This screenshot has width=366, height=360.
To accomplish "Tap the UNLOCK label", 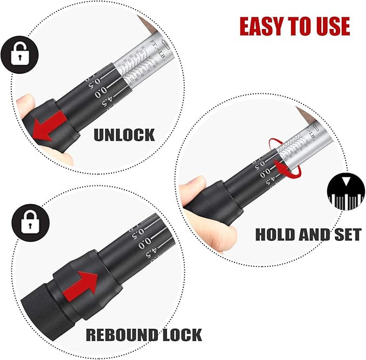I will click(124, 134).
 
